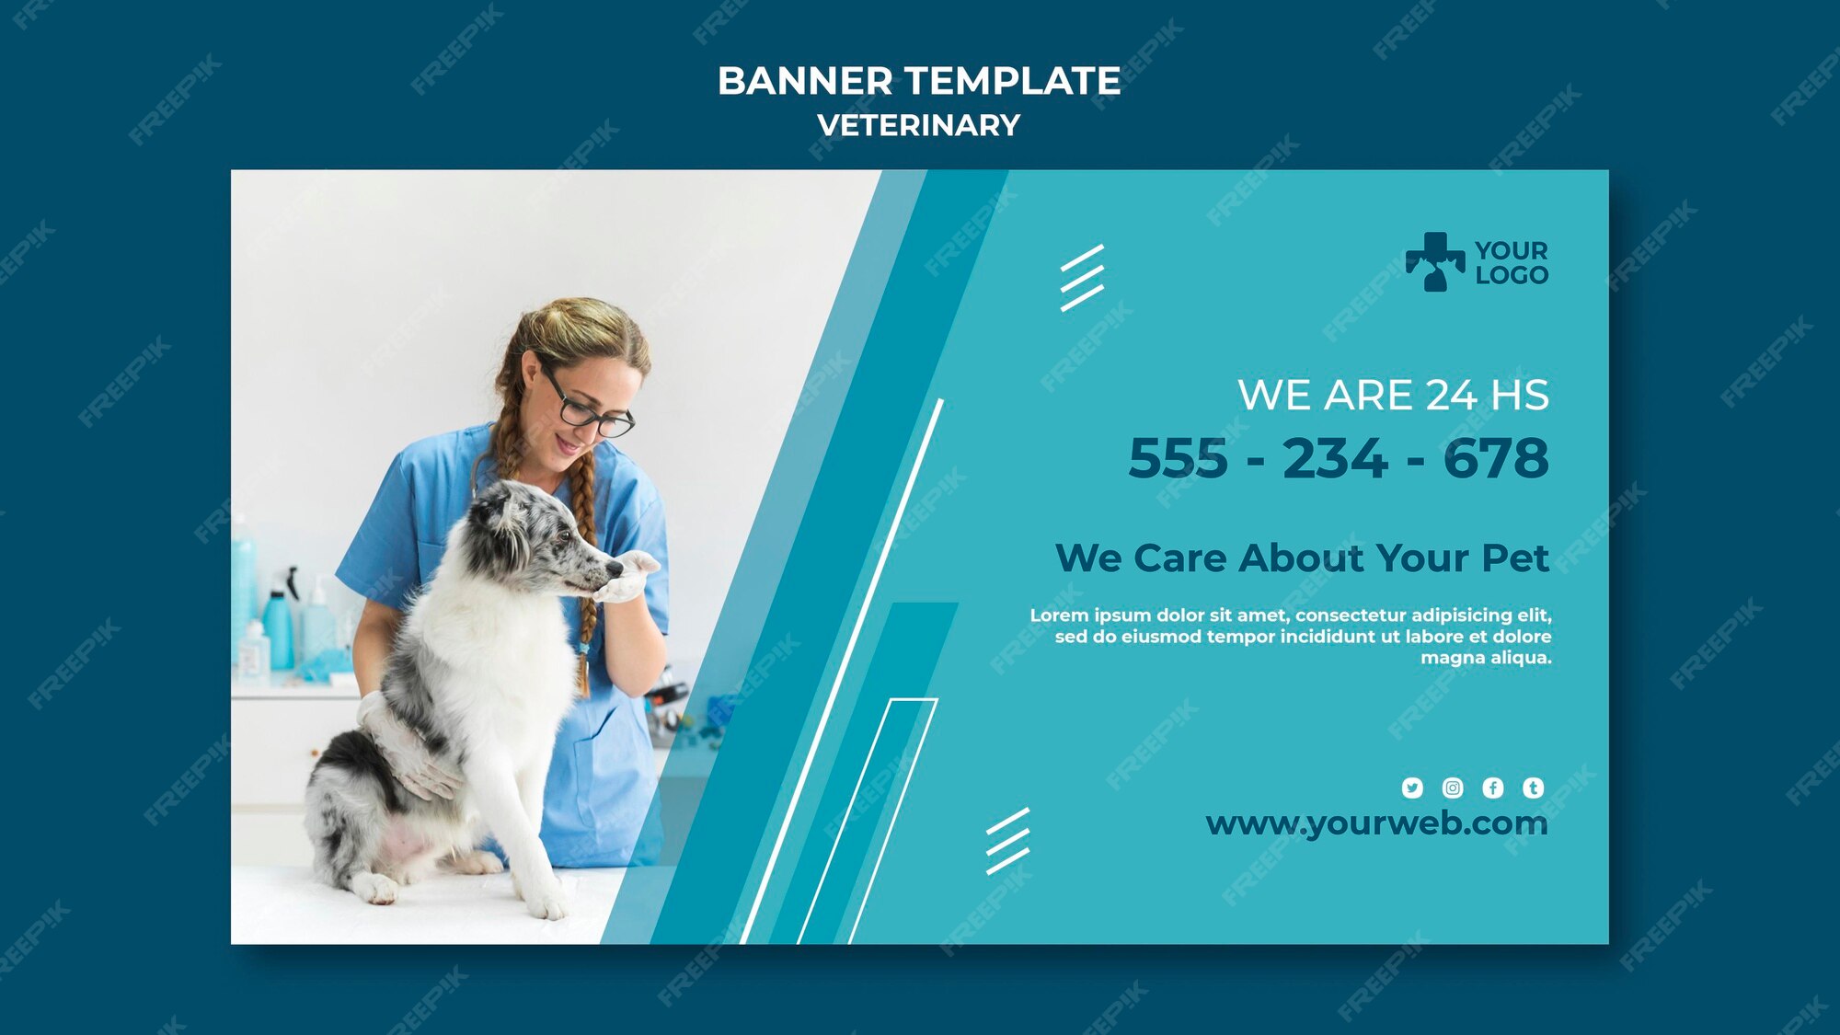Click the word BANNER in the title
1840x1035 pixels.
(805, 81)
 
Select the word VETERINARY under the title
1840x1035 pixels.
(919, 125)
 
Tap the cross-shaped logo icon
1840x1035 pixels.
(1434, 262)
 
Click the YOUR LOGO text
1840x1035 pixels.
(1512, 262)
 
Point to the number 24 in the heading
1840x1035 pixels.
(1451, 396)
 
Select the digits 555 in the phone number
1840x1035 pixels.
(1178, 458)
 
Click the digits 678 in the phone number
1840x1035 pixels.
(1496, 458)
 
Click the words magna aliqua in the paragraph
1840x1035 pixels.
(1486, 658)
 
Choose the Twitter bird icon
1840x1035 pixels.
(1412, 788)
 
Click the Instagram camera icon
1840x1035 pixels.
(1453, 788)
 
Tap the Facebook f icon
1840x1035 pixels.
(1493, 788)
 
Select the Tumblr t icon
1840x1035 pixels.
(1533, 788)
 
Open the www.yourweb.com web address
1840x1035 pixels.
(1376, 824)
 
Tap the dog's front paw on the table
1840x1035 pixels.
(548, 905)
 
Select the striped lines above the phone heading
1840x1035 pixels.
(1082, 278)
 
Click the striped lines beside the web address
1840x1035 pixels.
(1008, 841)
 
